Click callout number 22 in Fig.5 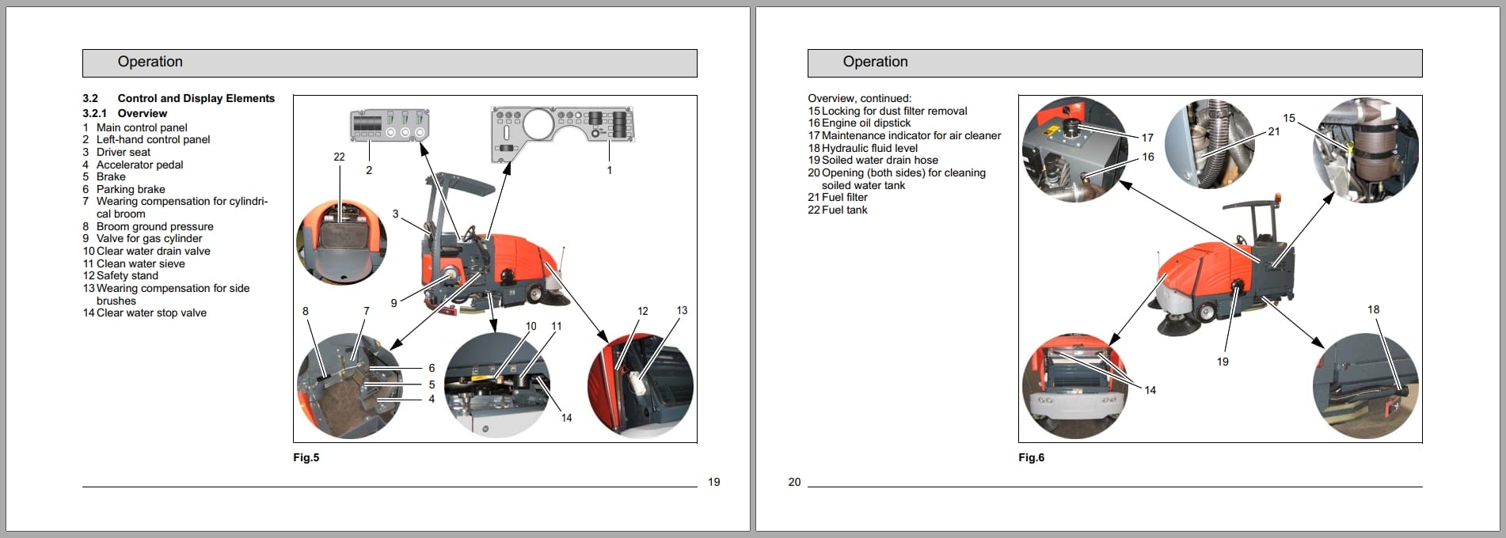pyautogui.click(x=339, y=157)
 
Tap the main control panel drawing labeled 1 pyautogui.click(x=562, y=131)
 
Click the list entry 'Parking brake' pyautogui.click(x=131, y=189)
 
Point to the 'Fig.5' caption pyautogui.click(x=306, y=457)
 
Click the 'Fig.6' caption pyautogui.click(x=1031, y=457)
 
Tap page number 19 pyautogui.click(x=713, y=482)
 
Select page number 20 pyautogui.click(x=794, y=482)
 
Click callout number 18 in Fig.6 pyautogui.click(x=1373, y=309)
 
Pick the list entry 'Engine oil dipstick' pyautogui.click(x=865, y=123)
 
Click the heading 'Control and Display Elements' pyautogui.click(x=196, y=98)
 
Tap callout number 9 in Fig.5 pyautogui.click(x=394, y=303)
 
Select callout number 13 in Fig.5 pyautogui.click(x=682, y=310)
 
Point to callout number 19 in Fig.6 pyautogui.click(x=1223, y=362)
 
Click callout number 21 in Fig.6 pyautogui.click(x=1273, y=131)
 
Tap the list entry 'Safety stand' pyautogui.click(x=127, y=275)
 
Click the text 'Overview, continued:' pyautogui.click(x=859, y=98)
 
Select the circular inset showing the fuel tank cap pyautogui.click(x=341, y=241)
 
